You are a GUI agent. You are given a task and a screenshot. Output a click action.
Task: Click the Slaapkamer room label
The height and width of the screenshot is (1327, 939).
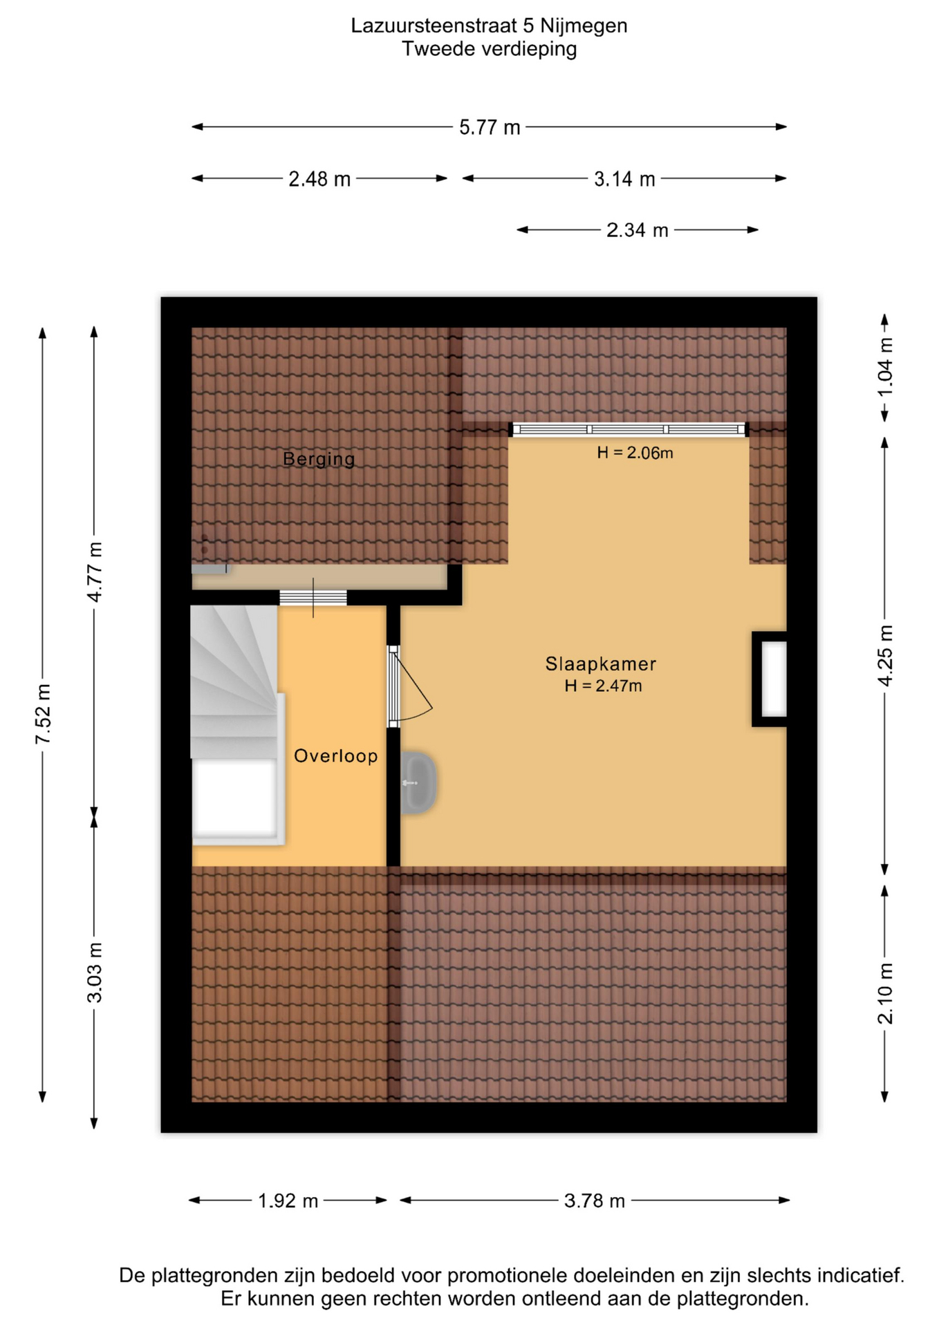(x=600, y=664)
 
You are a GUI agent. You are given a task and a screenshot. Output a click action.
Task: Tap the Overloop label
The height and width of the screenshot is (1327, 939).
(x=336, y=756)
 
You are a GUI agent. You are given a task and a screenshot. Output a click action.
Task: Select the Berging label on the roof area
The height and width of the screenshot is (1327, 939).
(x=319, y=459)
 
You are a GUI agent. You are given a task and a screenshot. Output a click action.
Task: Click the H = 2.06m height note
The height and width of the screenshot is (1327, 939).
(x=635, y=453)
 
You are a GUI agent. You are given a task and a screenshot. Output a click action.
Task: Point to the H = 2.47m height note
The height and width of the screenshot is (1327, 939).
(x=603, y=686)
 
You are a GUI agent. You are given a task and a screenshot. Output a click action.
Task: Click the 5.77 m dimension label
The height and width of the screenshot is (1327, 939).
(x=490, y=128)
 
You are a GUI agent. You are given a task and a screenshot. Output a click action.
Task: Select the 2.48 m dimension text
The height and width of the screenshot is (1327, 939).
(x=319, y=180)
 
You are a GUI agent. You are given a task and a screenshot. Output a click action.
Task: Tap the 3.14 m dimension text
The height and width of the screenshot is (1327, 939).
(x=624, y=180)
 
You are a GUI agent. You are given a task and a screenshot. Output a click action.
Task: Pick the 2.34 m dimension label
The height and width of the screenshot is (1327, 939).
(x=637, y=230)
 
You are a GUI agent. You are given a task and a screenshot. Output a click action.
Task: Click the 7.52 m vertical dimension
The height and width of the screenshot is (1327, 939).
(x=44, y=714)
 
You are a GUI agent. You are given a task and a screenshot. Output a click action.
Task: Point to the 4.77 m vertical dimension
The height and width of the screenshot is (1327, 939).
(x=95, y=572)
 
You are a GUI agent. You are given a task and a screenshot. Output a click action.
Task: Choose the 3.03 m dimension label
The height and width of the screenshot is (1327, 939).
(x=95, y=972)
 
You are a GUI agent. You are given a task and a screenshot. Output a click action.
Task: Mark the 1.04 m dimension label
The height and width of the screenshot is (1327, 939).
(x=885, y=367)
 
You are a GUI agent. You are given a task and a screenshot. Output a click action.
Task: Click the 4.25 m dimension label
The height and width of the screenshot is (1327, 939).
(x=885, y=656)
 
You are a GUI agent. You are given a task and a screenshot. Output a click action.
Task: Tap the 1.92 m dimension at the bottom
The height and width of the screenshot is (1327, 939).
(x=288, y=1201)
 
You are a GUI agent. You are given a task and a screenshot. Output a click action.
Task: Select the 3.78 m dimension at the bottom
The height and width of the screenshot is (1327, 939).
(x=594, y=1201)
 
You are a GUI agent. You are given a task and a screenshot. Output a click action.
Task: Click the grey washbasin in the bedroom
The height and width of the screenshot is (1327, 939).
(x=418, y=782)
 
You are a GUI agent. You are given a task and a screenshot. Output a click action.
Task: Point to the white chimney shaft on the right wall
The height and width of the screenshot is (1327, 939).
(x=774, y=679)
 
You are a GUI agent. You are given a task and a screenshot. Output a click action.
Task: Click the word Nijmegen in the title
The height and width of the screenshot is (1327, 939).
(x=583, y=26)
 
